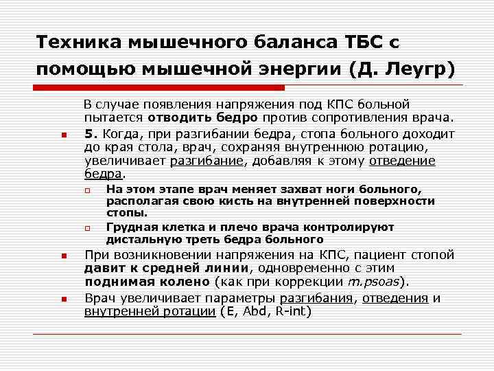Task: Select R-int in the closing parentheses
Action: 294,311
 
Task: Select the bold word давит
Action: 103,268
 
